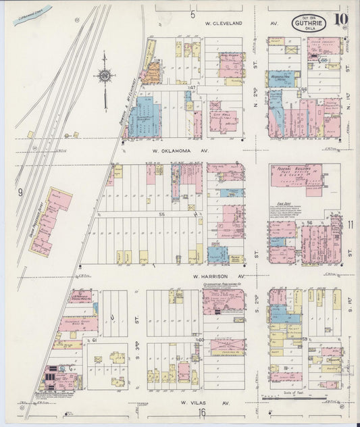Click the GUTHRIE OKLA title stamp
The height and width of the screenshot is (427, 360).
tap(310, 24)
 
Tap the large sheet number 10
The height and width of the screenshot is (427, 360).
tap(340, 20)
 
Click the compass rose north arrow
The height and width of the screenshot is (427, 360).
tap(105, 76)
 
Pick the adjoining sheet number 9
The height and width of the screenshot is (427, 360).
tap(20, 193)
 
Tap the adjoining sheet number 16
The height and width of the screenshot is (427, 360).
tap(201, 412)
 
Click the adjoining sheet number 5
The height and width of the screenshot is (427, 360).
tap(192, 14)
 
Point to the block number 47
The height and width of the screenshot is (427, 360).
tap(192, 89)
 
